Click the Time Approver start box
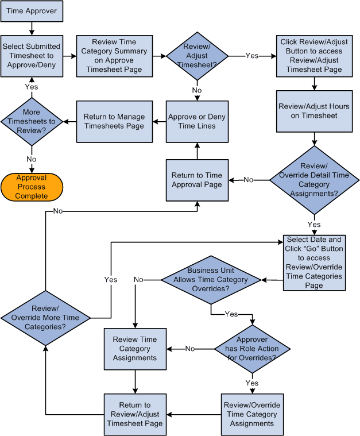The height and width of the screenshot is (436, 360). [31, 11]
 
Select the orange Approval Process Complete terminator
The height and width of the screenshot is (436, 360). [32, 187]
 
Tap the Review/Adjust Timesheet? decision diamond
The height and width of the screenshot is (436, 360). [197, 56]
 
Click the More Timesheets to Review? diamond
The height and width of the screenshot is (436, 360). [32, 121]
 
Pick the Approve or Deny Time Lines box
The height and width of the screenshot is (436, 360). [197, 121]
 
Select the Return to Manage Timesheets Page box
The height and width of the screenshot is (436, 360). [114, 121]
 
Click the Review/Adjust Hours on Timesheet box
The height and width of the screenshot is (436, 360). [314, 111]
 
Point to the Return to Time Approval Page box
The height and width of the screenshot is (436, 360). [197, 180]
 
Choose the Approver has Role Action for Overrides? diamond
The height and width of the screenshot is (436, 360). [252, 349]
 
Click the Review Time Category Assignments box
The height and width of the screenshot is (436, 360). [135, 349]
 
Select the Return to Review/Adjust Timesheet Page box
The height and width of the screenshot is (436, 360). [135, 414]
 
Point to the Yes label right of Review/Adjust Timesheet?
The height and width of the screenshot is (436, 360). [251, 56]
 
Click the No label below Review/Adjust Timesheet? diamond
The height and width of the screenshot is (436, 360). [197, 90]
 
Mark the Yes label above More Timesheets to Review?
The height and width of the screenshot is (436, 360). [32, 87]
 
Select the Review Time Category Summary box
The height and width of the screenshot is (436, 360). [114, 56]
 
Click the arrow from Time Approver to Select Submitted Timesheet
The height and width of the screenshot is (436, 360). [31, 28]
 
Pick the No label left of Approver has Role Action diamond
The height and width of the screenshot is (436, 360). [190, 349]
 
